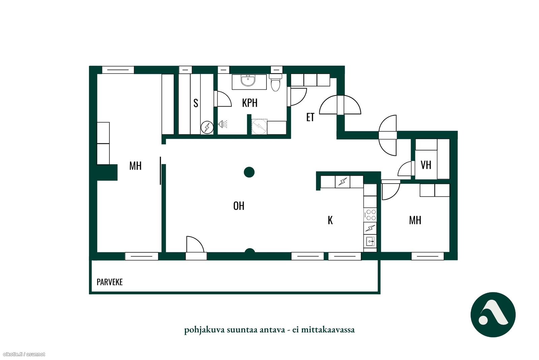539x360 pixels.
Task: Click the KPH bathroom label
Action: (x=250, y=103)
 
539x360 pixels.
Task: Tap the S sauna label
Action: (x=196, y=103)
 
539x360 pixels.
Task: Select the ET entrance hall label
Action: (x=310, y=117)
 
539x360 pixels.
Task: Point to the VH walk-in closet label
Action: (x=426, y=165)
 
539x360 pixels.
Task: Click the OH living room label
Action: (x=239, y=206)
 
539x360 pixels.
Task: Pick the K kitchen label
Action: (x=330, y=220)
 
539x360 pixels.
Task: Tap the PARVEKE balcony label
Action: (x=109, y=282)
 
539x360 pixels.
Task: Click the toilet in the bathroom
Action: (x=276, y=82)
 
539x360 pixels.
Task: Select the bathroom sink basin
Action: (x=248, y=80)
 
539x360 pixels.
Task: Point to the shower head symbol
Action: (x=223, y=124)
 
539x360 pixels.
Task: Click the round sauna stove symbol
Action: (x=207, y=127)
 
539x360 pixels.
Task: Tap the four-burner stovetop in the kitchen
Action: (x=370, y=215)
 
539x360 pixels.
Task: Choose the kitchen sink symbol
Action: (x=370, y=241)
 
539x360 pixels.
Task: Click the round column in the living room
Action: (x=249, y=172)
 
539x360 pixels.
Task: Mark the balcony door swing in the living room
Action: (x=195, y=244)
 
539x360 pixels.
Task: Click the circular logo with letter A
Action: (x=493, y=314)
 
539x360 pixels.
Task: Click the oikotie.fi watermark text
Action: (x=24, y=354)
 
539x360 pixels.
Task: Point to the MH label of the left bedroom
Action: (x=135, y=166)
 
